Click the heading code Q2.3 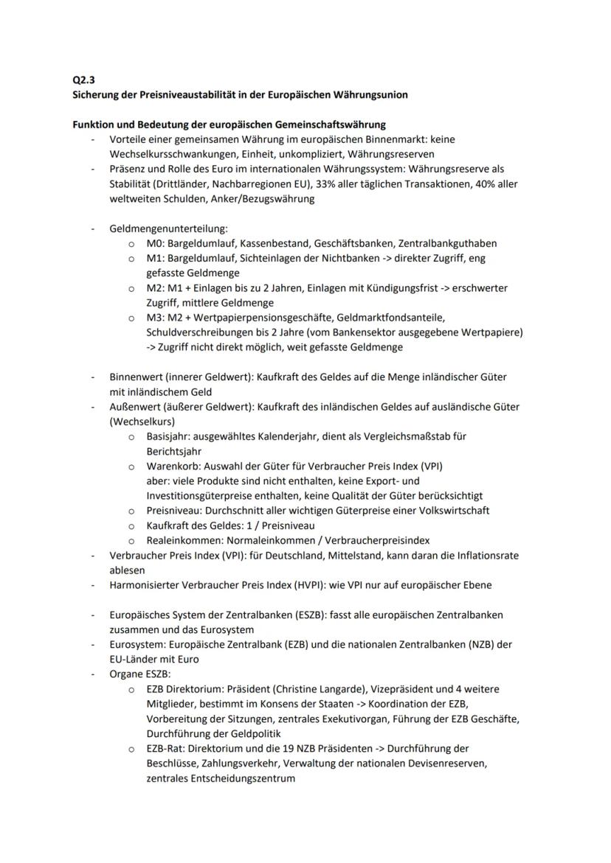[x=74, y=80]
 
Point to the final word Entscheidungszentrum [x=238, y=778]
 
